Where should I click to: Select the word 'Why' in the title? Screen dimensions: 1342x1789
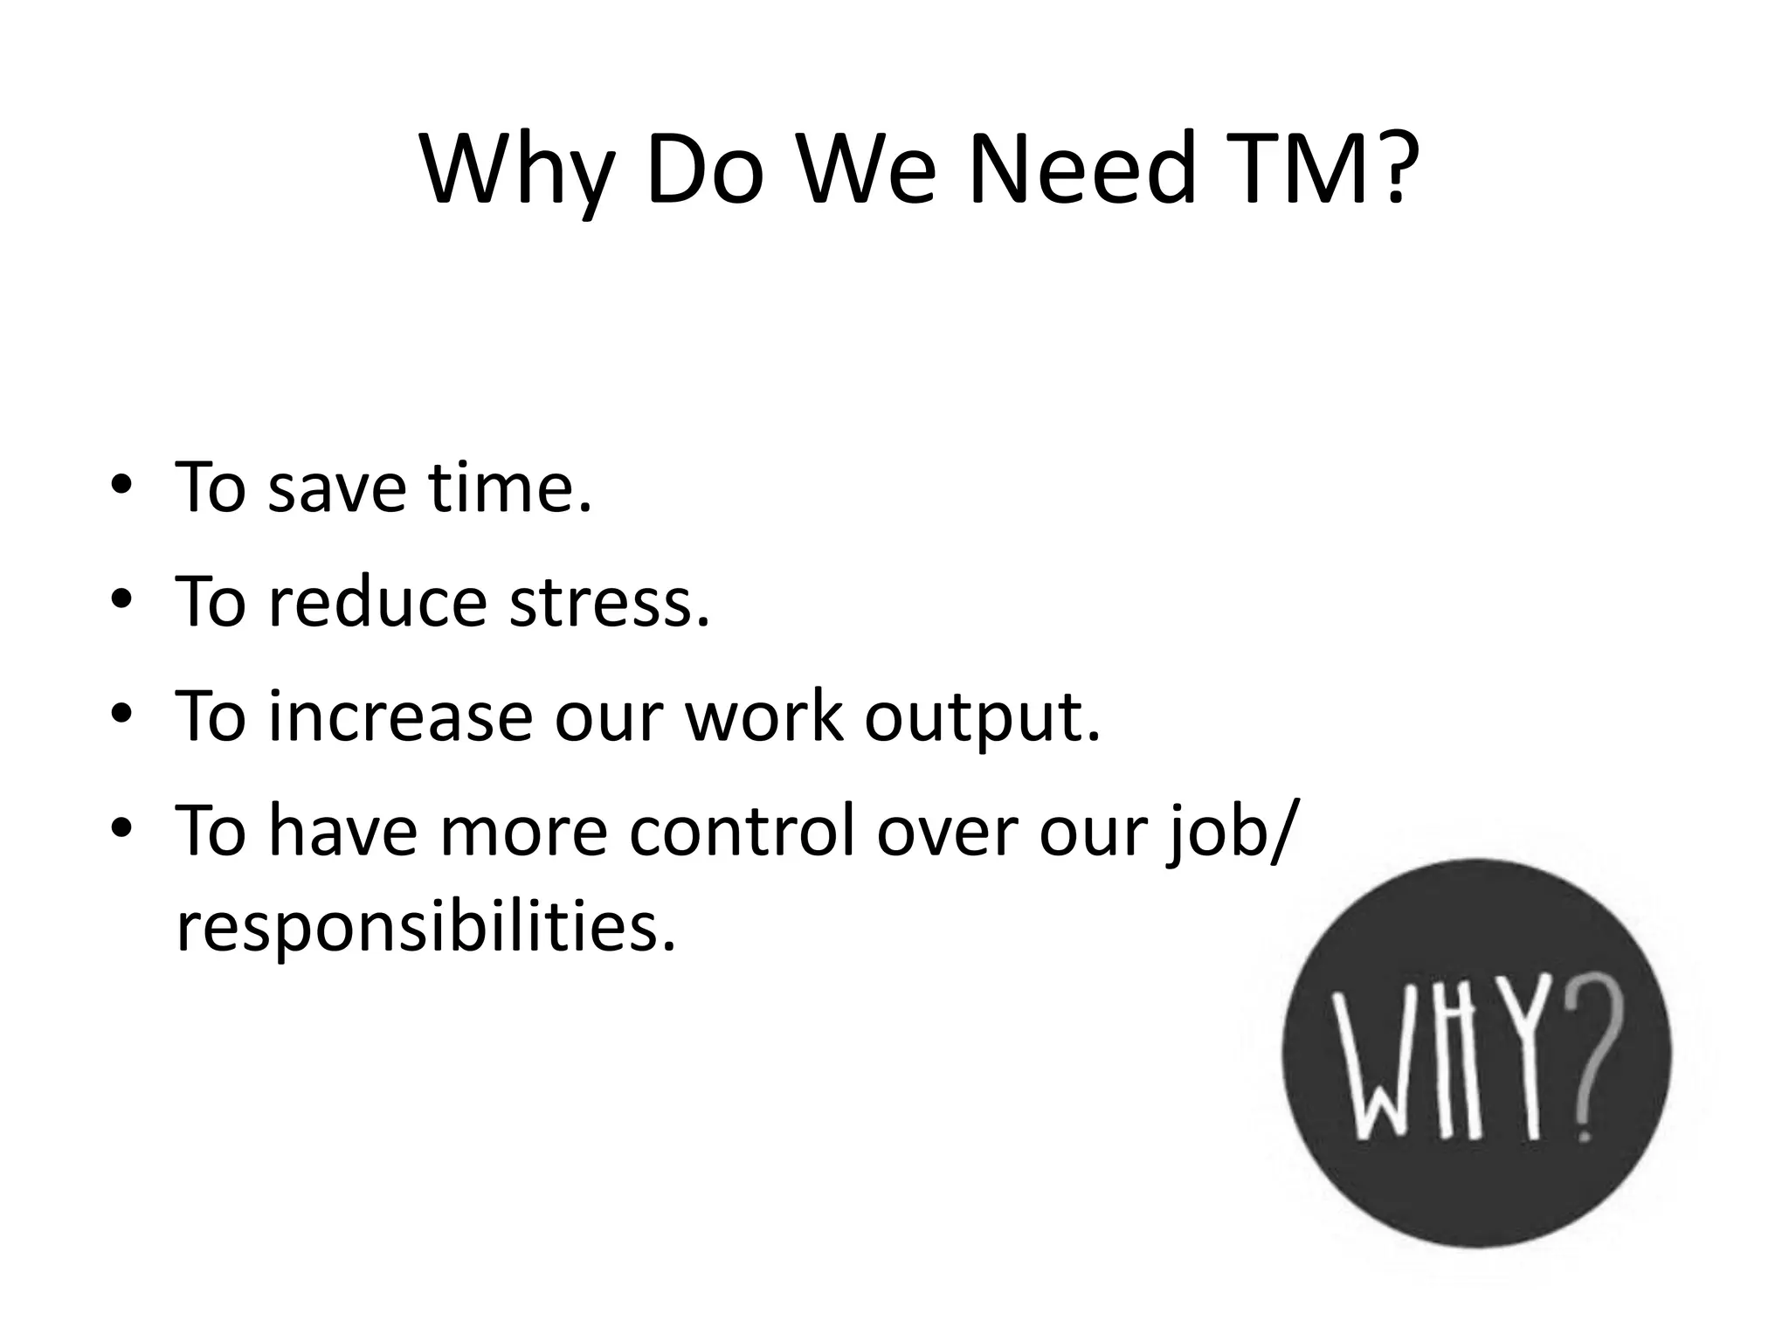(515, 170)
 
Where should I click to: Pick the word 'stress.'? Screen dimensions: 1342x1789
(610, 602)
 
